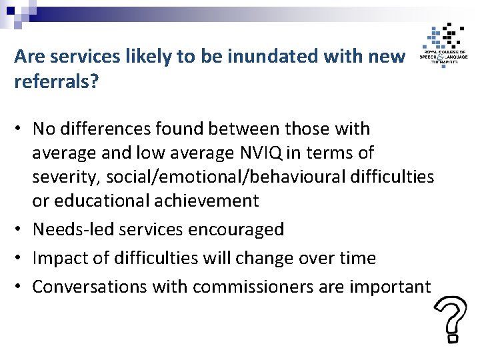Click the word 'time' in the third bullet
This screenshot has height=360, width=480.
coord(359,258)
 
